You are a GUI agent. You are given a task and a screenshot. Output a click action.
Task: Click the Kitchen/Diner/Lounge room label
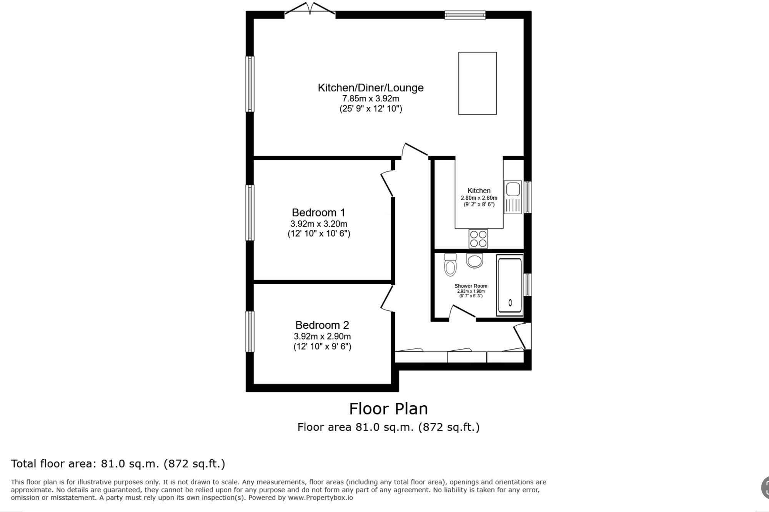point(370,88)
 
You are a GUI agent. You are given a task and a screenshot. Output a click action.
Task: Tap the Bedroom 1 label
point(318,212)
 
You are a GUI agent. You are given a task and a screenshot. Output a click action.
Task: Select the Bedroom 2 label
point(322,325)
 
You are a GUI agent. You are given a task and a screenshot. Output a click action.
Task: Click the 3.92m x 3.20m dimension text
point(319,224)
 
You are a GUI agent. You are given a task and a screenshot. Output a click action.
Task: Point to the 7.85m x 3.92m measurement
point(370,99)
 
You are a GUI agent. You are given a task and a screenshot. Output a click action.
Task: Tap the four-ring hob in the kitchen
point(478,239)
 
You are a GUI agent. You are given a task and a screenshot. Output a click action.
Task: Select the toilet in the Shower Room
point(450,265)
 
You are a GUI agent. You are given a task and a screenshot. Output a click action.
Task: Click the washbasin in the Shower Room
point(475,261)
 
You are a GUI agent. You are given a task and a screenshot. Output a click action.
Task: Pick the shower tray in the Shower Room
point(510,285)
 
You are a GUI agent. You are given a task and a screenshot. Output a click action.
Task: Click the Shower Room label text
point(471,286)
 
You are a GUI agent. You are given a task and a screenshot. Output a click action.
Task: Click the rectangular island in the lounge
point(477,83)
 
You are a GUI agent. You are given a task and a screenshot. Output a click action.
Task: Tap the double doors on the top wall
point(310,10)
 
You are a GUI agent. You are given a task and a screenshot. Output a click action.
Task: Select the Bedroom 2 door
point(387,298)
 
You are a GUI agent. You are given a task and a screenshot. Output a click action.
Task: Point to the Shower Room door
point(463,312)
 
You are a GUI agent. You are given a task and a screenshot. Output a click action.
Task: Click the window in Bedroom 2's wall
point(250,331)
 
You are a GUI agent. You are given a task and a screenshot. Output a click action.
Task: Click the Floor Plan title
point(388,409)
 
